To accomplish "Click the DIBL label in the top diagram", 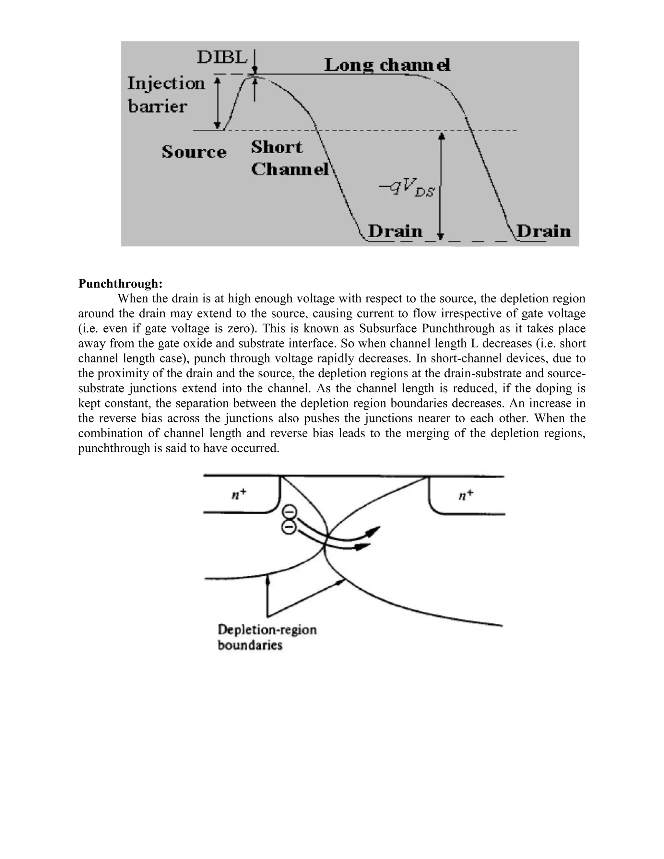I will point(222,58).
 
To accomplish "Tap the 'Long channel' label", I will point(387,65).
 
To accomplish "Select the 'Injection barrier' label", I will point(166,95).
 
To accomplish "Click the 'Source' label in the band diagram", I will point(194,152).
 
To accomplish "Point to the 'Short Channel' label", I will point(290,159).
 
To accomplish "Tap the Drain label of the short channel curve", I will point(395,231).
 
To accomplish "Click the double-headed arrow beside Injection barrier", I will point(217,103).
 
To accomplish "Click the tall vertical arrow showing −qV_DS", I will point(441,185).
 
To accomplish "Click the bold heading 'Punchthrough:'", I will point(120,283).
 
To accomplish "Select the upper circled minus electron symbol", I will point(289,512).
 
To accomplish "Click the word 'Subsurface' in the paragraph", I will point(389,328).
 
